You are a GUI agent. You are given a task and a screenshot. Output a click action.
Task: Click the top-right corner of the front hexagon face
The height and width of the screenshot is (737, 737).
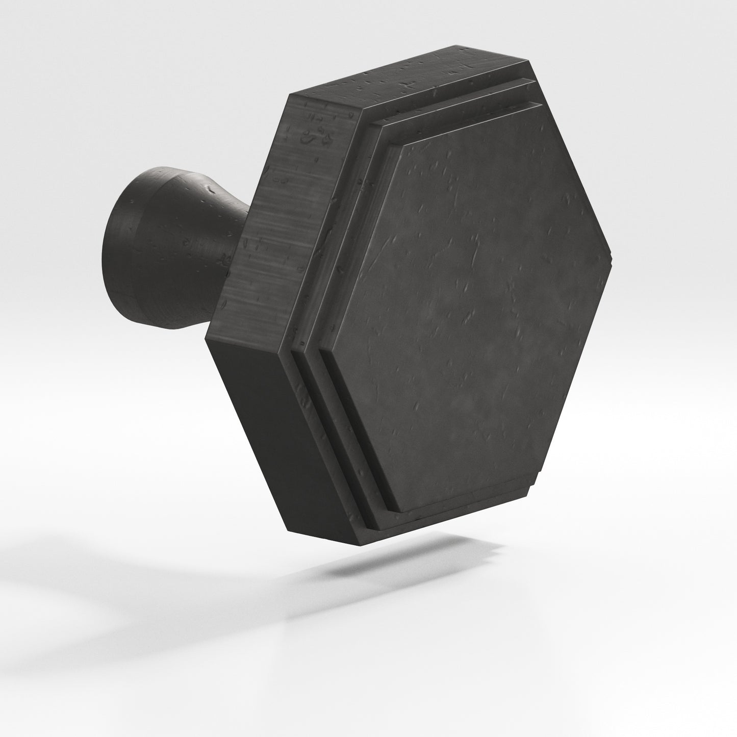tap(540, 104)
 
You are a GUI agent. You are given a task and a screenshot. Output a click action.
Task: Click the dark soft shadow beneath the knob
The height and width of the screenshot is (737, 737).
tap(398, 561)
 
